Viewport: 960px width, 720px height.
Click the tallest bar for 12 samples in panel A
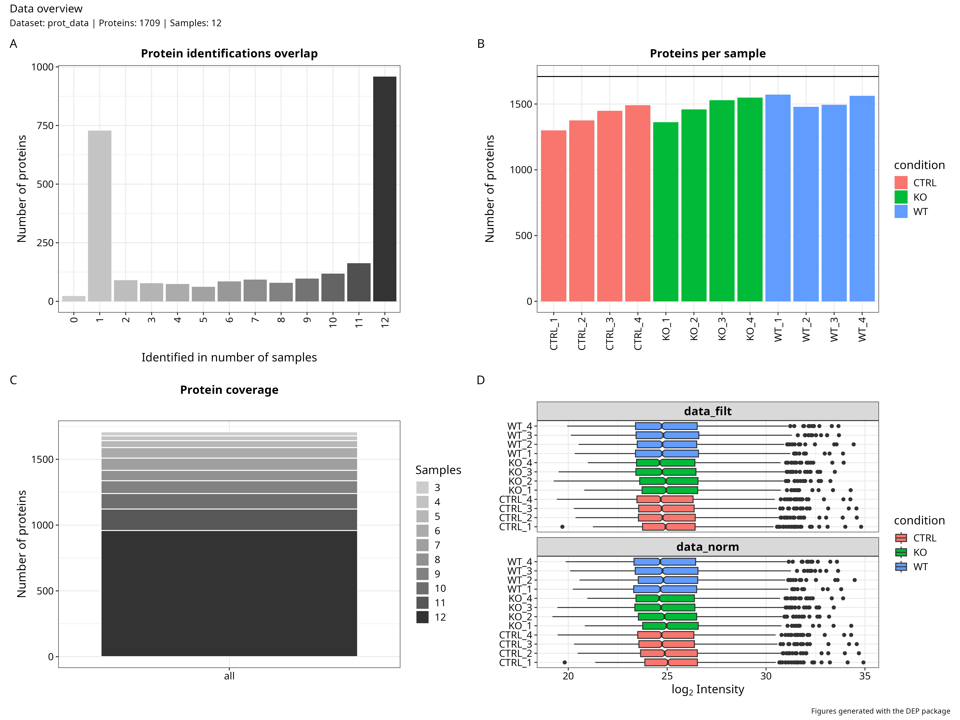pos(385,189)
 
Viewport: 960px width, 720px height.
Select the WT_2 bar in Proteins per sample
pos(805,204)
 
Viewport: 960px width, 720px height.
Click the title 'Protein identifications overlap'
pos(229,53)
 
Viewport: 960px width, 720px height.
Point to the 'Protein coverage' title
pos(229,390)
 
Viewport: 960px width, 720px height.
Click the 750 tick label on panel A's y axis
pos(45,125)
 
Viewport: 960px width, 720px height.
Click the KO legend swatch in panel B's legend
pos(901,197)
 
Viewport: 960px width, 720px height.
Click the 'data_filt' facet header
pos(707,411)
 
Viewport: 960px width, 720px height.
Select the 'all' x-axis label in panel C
pos(229,676)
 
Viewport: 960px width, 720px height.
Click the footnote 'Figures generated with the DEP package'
pos(880,711)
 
